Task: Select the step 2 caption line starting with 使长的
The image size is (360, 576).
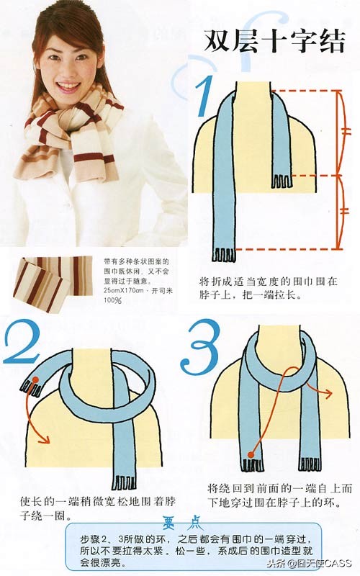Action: click(94, 500)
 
